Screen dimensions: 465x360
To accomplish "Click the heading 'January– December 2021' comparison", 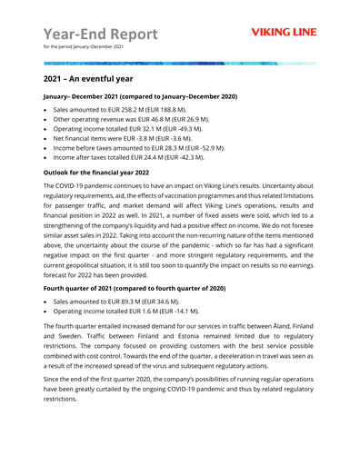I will (x=140, y=94).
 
